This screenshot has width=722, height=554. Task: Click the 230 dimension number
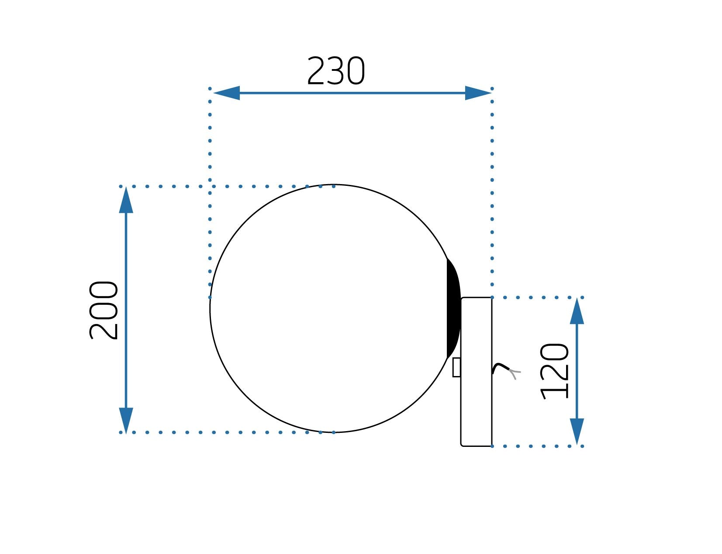point(335,71)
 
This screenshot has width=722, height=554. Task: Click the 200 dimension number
point(104,310)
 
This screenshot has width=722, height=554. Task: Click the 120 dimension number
point(555,372)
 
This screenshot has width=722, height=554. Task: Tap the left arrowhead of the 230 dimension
point(227,93)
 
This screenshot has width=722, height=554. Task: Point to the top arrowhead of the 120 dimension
point(577,312)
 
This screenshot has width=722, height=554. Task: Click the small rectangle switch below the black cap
point(456,367)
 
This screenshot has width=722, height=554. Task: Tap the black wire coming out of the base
point(500,367)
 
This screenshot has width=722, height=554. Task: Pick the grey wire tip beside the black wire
point(515,373)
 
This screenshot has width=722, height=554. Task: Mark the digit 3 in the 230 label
point(336,71)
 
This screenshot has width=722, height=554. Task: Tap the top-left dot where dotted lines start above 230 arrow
point(210,89)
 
